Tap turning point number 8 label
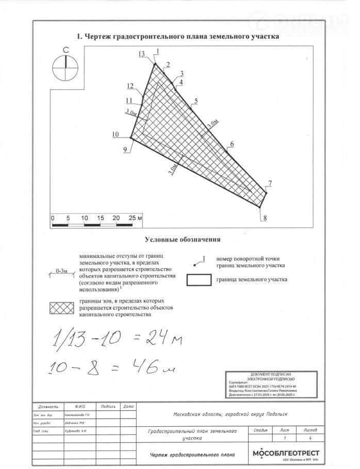(x=265, y=217)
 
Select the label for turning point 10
(x=115, y=135)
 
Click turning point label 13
(x=142, y=54)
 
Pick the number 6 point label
(x=232, y=144)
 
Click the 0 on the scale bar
(x=53, y=217)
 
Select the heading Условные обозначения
(x=183, y=239)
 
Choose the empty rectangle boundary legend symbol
(x=199, y=280)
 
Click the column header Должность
(x=42, y=407)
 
